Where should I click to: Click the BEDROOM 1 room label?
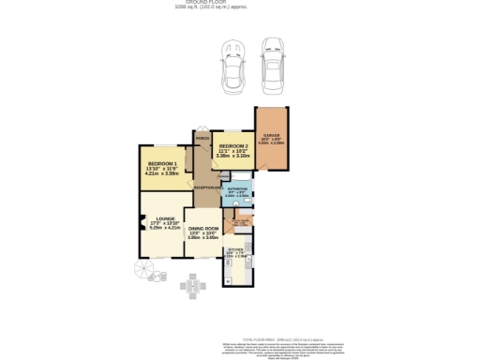(x=157, y=165)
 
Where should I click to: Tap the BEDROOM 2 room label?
(x=233, y=147)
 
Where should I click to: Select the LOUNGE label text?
(x=165, y=218)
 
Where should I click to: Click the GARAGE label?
(x=272, y=136)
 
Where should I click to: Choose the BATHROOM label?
(x=237, y=188)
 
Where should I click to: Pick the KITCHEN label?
(x=235, y=249)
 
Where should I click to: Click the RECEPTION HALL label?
(x=206, y=187)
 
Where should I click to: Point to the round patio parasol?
(x=144, y=270)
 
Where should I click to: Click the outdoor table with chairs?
(x=194, y=285)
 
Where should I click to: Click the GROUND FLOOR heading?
(x=239, y=3)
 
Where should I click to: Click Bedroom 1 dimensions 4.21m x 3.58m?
(x=157, y=174)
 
